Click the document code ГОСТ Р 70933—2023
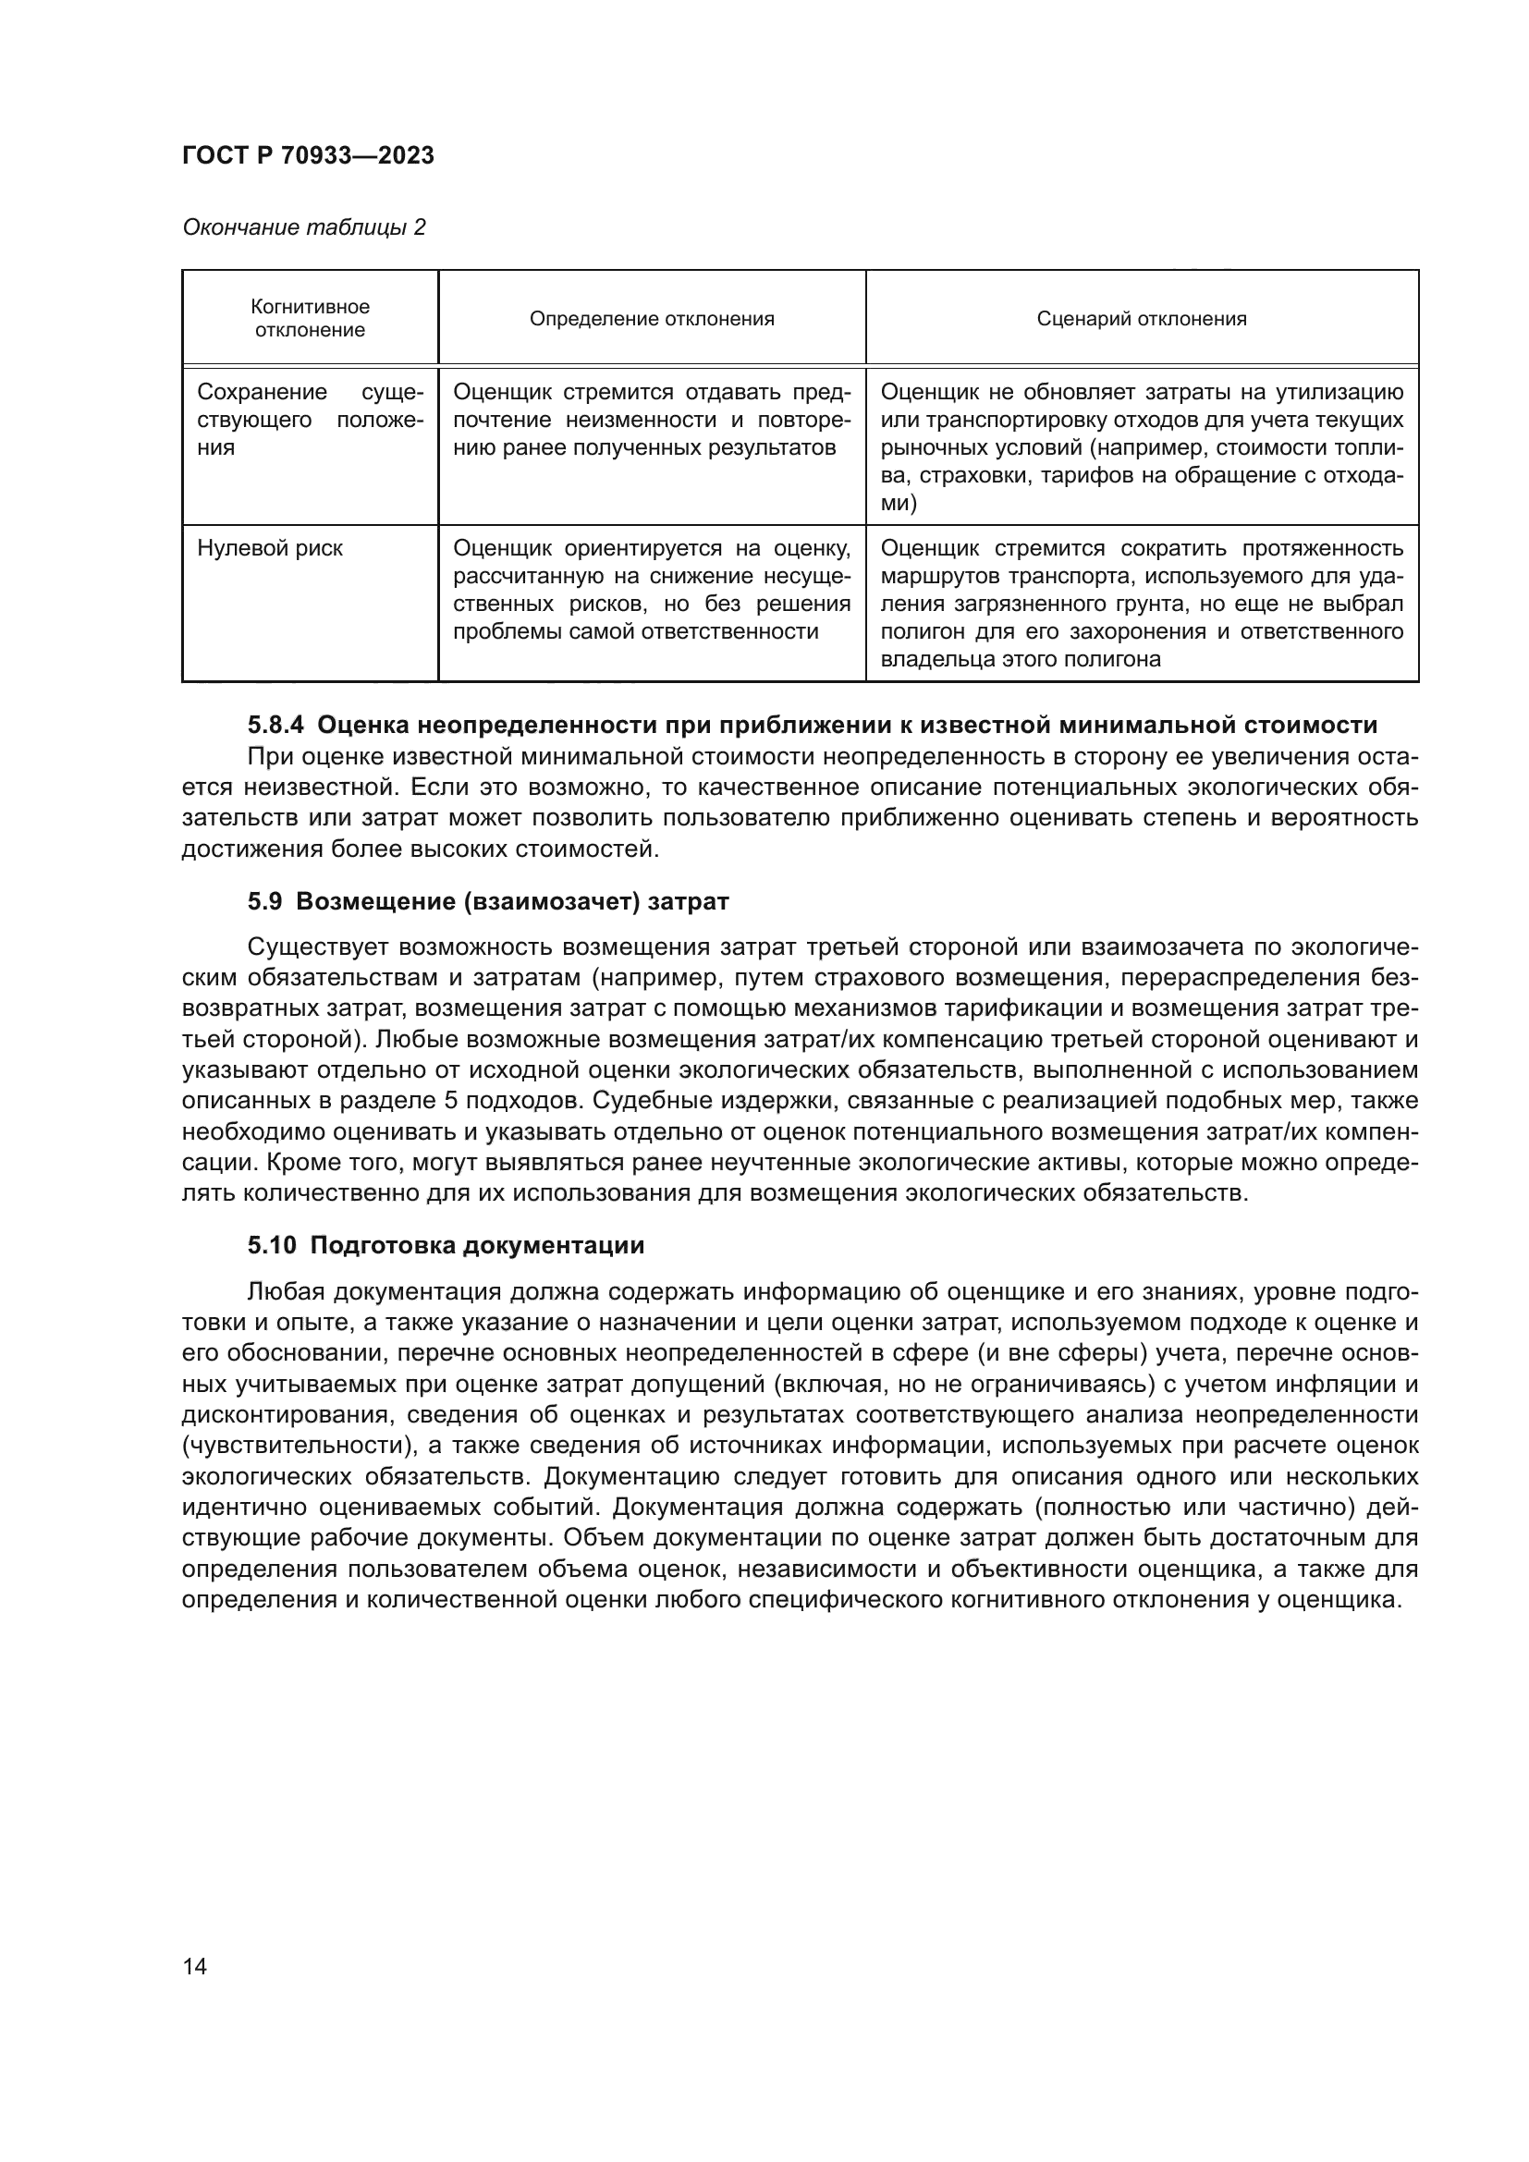coord(308,156)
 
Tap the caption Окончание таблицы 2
coord(303,227)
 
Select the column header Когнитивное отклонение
coord(310,318)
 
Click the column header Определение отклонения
coord(652,318)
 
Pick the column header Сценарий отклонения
coord(1141,318)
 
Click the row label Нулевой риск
coord(269,548)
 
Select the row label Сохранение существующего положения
coord(310,420)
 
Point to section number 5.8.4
coord(275,725)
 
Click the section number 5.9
coord(264,901)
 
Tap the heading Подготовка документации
coord(476,1245)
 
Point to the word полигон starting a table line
coord(917,631)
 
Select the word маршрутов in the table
coord(927,575)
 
